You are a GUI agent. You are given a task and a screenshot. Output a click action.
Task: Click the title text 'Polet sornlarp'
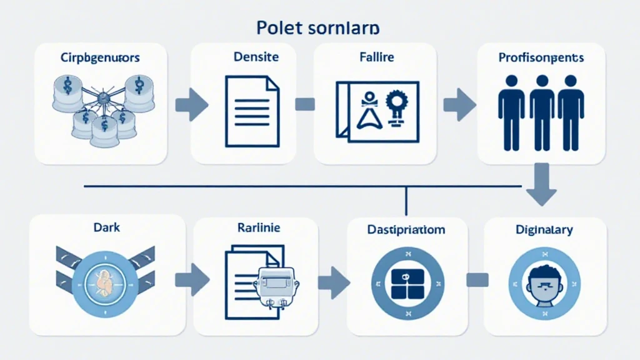[x=320, y=29]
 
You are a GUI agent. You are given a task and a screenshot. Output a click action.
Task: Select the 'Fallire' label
[x=376, y=57]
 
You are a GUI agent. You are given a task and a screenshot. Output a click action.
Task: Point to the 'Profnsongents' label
[x=541, y=57]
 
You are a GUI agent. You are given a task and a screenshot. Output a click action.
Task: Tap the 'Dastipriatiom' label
[x=406, y=229]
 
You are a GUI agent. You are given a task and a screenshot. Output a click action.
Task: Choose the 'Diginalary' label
[x=544, y=230]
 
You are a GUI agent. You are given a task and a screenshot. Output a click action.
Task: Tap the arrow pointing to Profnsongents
[x=459, y=104]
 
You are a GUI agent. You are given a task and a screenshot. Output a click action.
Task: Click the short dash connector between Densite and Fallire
[x=304, y=104]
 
